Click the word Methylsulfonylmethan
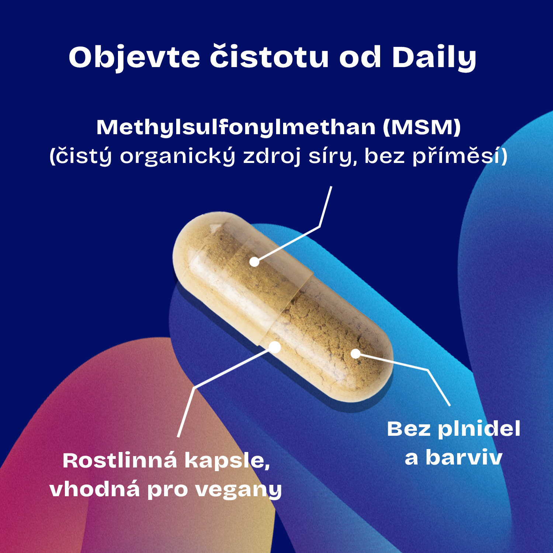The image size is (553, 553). (236, 128)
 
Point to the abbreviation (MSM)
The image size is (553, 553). (422, 127)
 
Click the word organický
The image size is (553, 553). (178, 156)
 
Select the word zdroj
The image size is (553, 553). (272, 156)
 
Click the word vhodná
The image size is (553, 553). (95, 489)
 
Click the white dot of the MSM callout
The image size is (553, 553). (254, 262)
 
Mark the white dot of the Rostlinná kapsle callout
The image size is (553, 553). (275, 347)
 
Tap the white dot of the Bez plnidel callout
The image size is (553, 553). (355, 354)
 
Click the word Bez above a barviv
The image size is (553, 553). (409, 429)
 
